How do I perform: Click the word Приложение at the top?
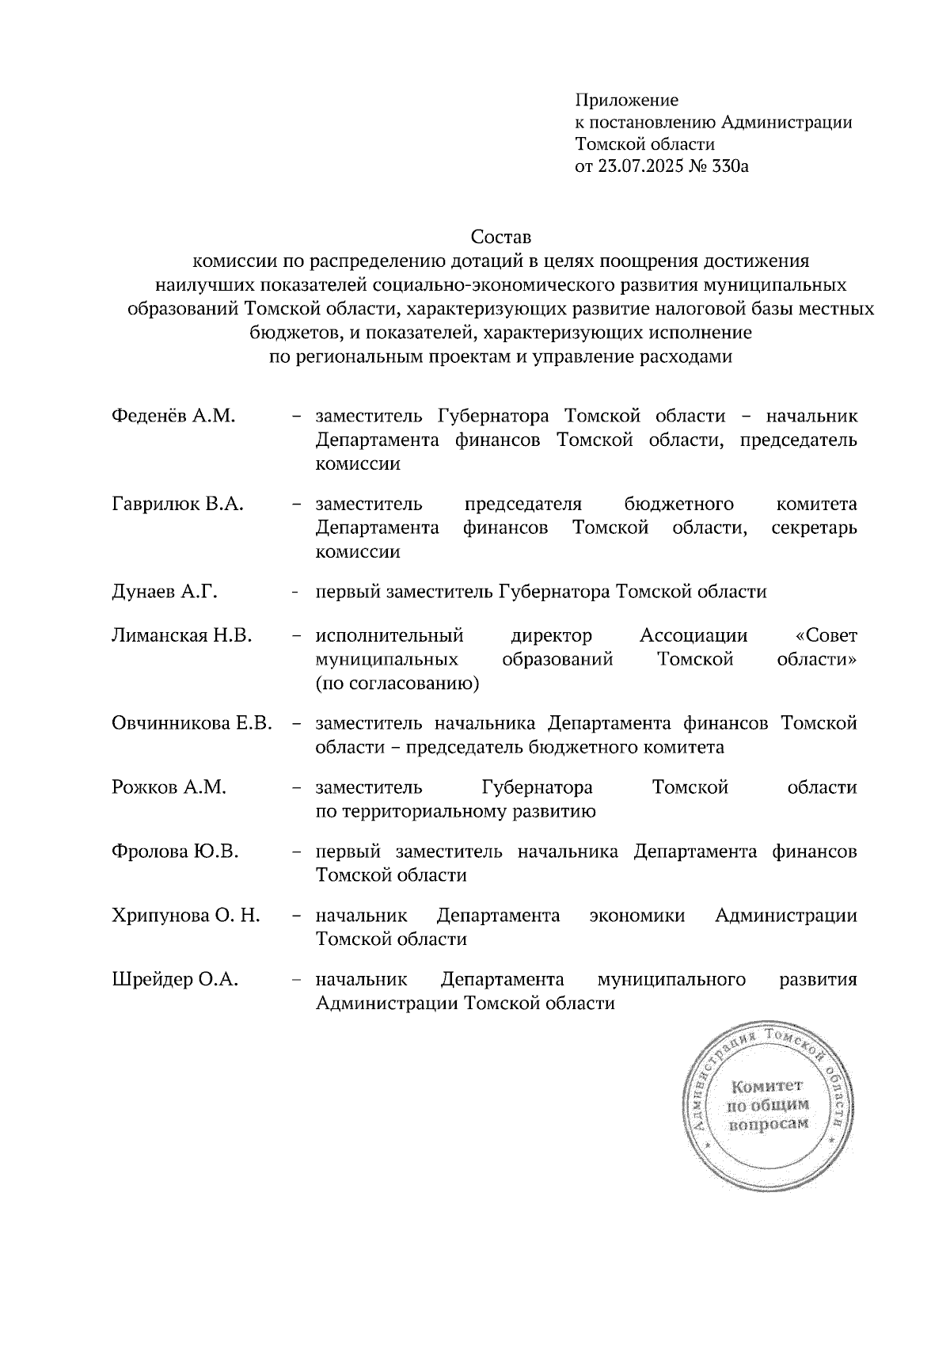click(627, 101)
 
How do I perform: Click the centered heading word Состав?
click(501, 237)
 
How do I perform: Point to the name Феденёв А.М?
click(174, 417)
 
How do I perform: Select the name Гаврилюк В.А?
click(178, 505)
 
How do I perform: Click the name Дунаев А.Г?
click(165, 592)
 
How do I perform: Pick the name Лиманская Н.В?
click(182, 635)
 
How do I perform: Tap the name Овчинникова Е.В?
click(192, 723)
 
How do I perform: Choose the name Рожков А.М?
click(169, 787)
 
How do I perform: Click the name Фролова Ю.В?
click(176, 852)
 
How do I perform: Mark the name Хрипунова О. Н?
click(186, 916)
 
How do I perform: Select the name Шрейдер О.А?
click(175, 980)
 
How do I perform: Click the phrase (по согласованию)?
click(397, 684)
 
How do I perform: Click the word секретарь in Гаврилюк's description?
click(814, 528)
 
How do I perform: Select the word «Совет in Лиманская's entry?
click(826, 635)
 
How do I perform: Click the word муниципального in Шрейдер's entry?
click(671, 980)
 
